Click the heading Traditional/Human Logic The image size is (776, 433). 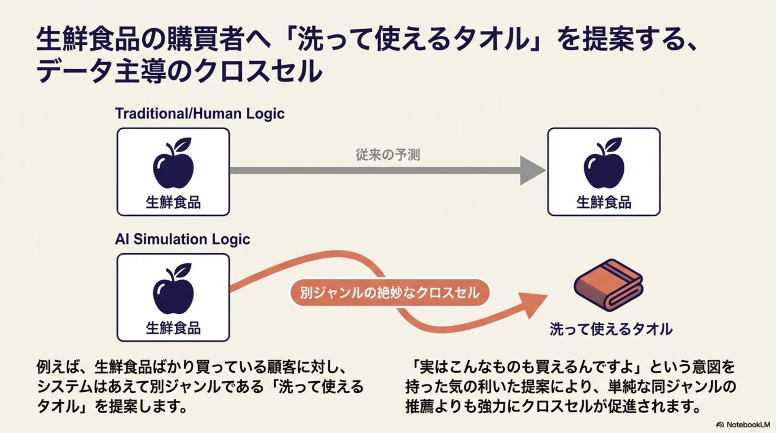(200, 114)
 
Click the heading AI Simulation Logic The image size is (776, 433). (182, 239)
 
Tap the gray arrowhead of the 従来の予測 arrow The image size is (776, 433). (531, 170)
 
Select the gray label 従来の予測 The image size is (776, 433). (388, 155)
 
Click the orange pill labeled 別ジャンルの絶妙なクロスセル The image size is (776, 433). (389, 292)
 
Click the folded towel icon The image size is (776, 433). (608, 285)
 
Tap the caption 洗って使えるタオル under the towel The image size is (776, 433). (611, 329)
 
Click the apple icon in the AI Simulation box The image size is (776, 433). (173, 289)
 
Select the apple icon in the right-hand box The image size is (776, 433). (604, 164)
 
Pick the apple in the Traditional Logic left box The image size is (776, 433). (173, 164)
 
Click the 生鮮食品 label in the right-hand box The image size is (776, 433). (604, 202)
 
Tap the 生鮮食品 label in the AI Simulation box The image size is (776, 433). (173, 328)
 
